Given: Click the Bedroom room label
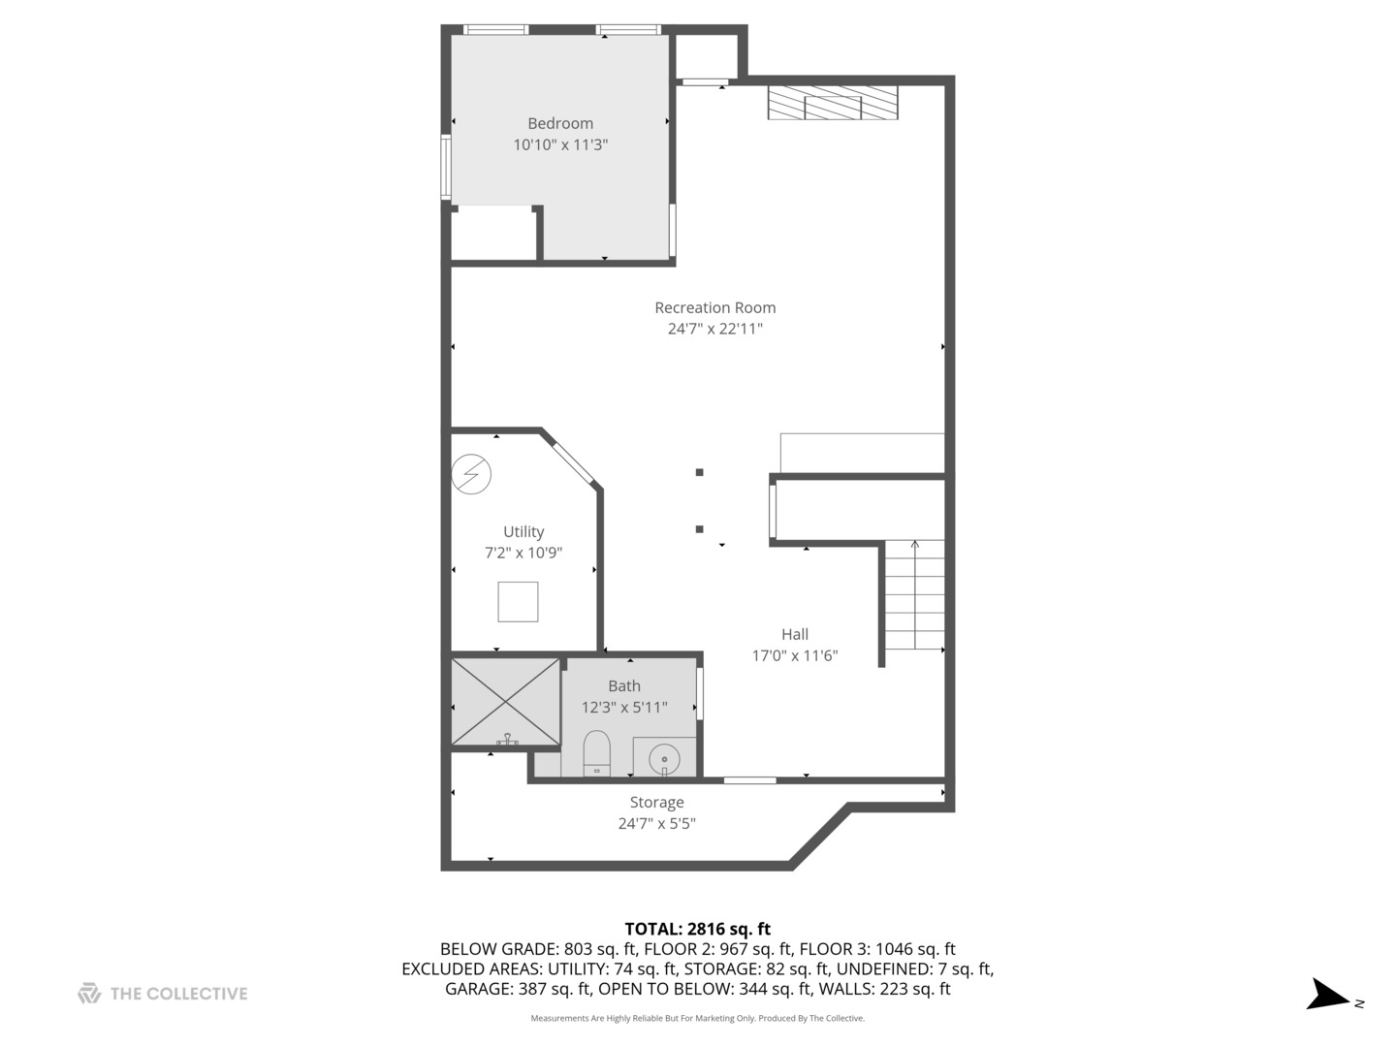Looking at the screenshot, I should coord(560,123).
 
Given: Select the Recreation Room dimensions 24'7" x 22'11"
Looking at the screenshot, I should coord(714,329).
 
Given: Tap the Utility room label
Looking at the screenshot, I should coord(523,531).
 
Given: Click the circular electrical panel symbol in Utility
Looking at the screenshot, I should coord(472,474).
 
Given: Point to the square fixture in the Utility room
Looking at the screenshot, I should coord(518,601).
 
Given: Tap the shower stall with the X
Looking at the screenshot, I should coord(505,702).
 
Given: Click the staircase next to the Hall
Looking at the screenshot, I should coord(914,596).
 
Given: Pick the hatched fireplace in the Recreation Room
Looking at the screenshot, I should coord(832,103).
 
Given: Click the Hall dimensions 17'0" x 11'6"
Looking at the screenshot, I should coord(795,655).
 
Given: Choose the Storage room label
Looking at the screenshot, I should coord(656,802).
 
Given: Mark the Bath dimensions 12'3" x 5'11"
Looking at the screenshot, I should coord(624,708).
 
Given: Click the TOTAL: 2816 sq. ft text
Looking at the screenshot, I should coord(697,929).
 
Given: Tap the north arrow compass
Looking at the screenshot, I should coord(1328,996).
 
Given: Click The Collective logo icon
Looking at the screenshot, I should coord(89,993).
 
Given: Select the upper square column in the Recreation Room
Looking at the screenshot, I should coord(699,472).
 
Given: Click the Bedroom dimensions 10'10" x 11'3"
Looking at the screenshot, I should coord(560,144).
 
